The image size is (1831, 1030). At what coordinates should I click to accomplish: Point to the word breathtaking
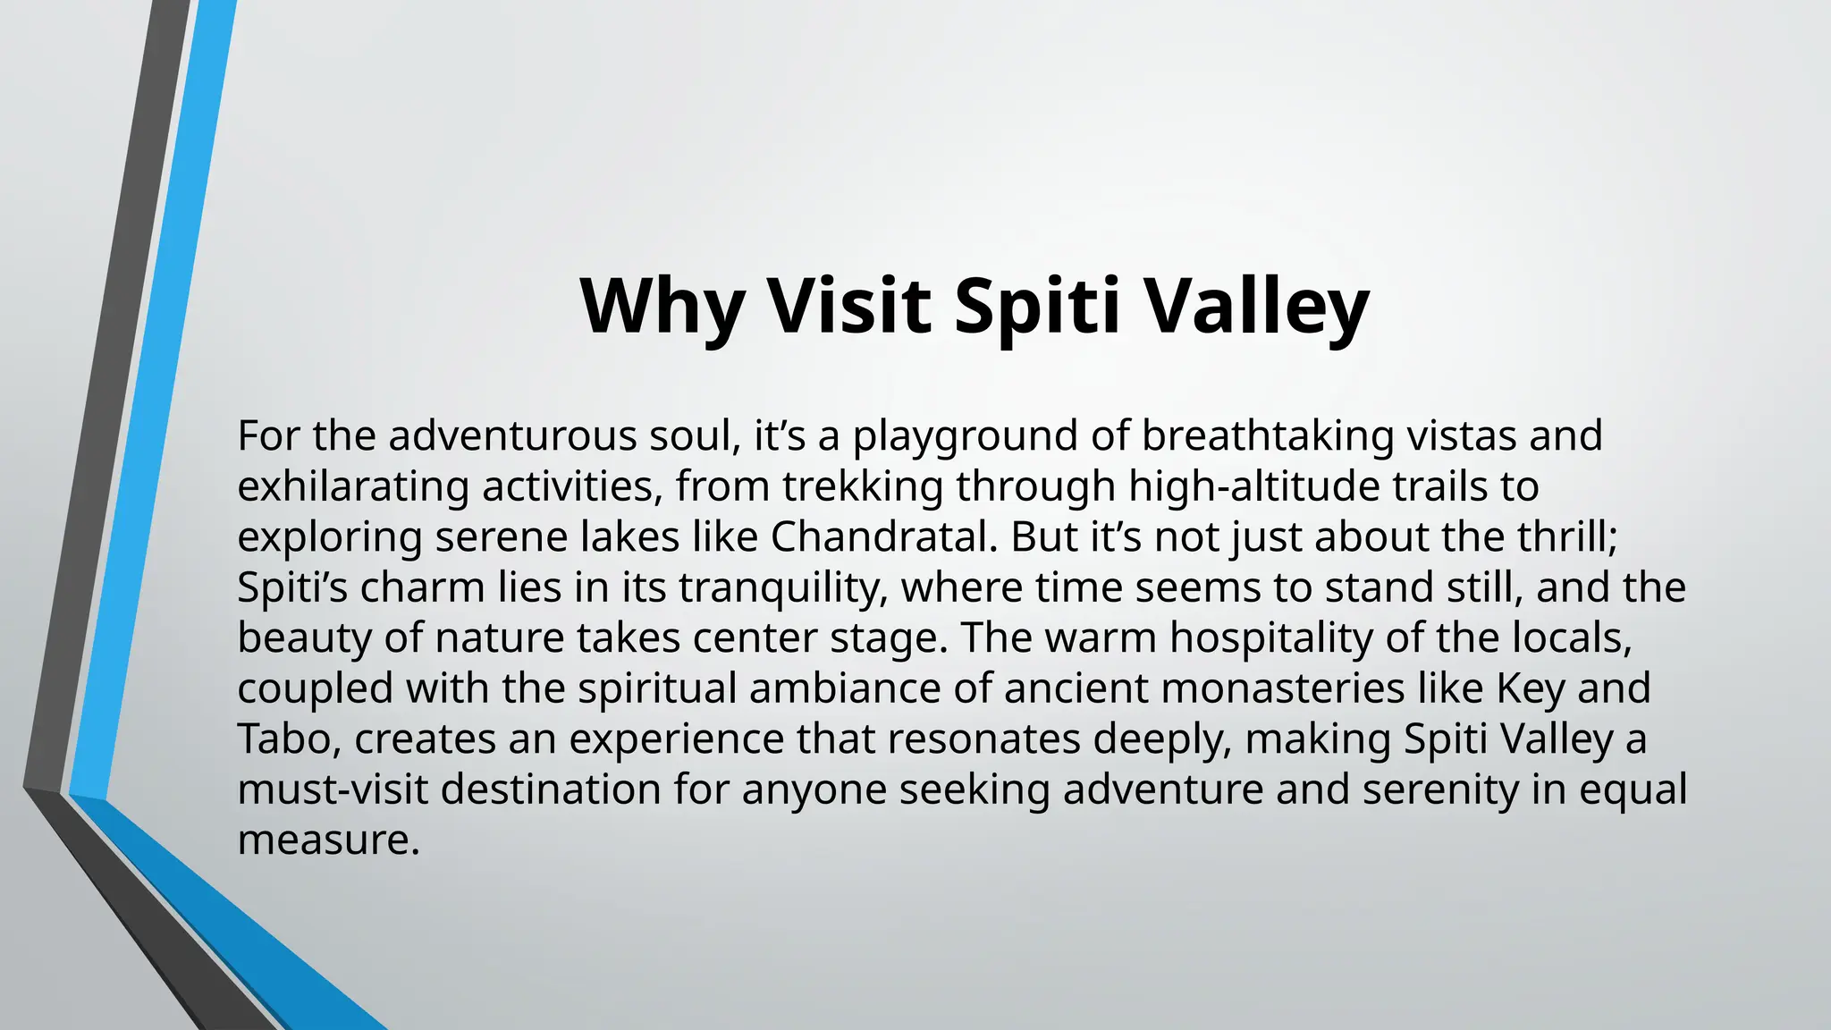[1267, 437]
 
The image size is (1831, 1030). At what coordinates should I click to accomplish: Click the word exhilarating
[353, 487]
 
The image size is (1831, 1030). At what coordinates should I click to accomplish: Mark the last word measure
[327, 840]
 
